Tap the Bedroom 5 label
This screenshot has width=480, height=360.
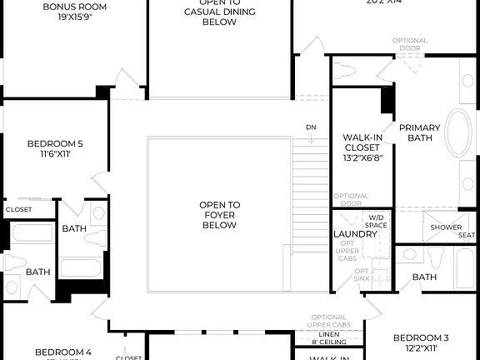[55, 142]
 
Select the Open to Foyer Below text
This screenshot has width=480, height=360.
[219, 214]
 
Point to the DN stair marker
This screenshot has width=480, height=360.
[310, 127]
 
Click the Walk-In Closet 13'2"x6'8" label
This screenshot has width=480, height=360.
[362, 147]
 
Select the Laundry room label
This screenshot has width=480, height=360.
[355, 235]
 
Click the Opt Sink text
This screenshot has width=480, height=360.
[362, 274]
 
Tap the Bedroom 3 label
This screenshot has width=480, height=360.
[421, 337]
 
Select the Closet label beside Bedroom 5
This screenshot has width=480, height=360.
[18, 210]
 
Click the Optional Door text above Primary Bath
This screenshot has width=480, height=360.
[409, 44]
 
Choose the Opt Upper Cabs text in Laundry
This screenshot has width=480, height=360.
[347, 252]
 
